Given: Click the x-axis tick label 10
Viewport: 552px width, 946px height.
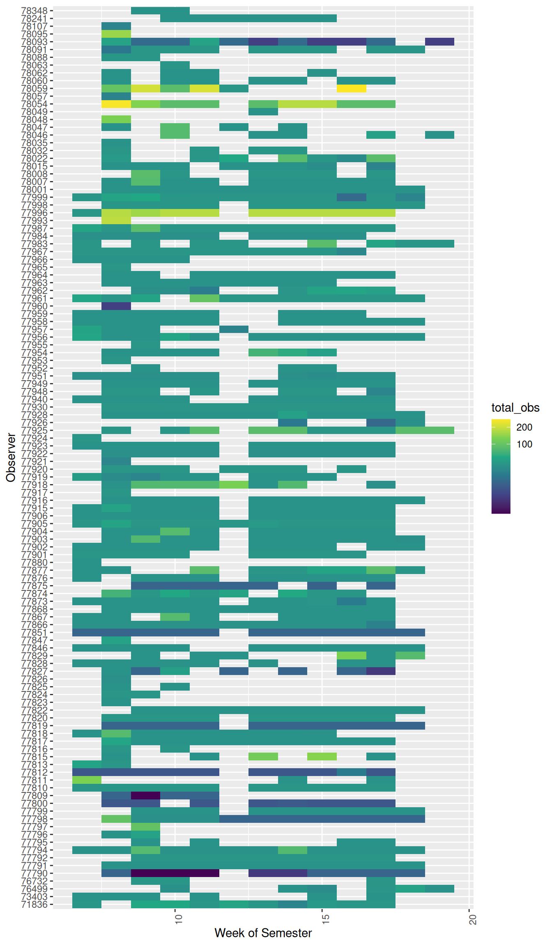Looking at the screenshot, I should (178, 919).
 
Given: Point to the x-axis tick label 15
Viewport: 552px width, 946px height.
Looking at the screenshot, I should (325, 919).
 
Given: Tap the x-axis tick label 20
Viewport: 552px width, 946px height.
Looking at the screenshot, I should (472, 919).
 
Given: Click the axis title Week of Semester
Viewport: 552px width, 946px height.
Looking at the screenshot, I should (263, 933).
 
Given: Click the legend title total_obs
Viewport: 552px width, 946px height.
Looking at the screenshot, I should (515, 408).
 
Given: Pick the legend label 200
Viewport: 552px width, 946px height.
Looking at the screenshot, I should (524, 427).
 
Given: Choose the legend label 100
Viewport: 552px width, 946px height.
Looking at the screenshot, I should (524, 444).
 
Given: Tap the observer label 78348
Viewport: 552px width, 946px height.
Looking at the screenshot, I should (34, 10).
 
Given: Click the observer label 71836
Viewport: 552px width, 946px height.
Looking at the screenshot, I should (34, 905).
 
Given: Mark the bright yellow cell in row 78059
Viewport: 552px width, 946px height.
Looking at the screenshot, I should (351, 88).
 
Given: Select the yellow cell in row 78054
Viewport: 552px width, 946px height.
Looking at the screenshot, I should (116, 104).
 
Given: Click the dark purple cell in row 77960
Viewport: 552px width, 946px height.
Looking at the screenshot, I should (116, 306).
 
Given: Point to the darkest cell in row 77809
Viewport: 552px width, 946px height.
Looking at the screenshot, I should (145, 795).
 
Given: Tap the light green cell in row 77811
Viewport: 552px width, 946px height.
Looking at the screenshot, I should (87, 780).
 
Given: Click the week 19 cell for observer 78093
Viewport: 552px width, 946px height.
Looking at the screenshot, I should (439, 41).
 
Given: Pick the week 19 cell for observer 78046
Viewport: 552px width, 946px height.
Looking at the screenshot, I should (439, 135).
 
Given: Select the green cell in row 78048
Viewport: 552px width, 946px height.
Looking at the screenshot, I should (116, 119).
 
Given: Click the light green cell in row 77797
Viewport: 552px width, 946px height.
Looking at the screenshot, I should (145, 827).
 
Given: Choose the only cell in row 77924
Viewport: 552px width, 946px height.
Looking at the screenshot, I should (87, 438).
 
